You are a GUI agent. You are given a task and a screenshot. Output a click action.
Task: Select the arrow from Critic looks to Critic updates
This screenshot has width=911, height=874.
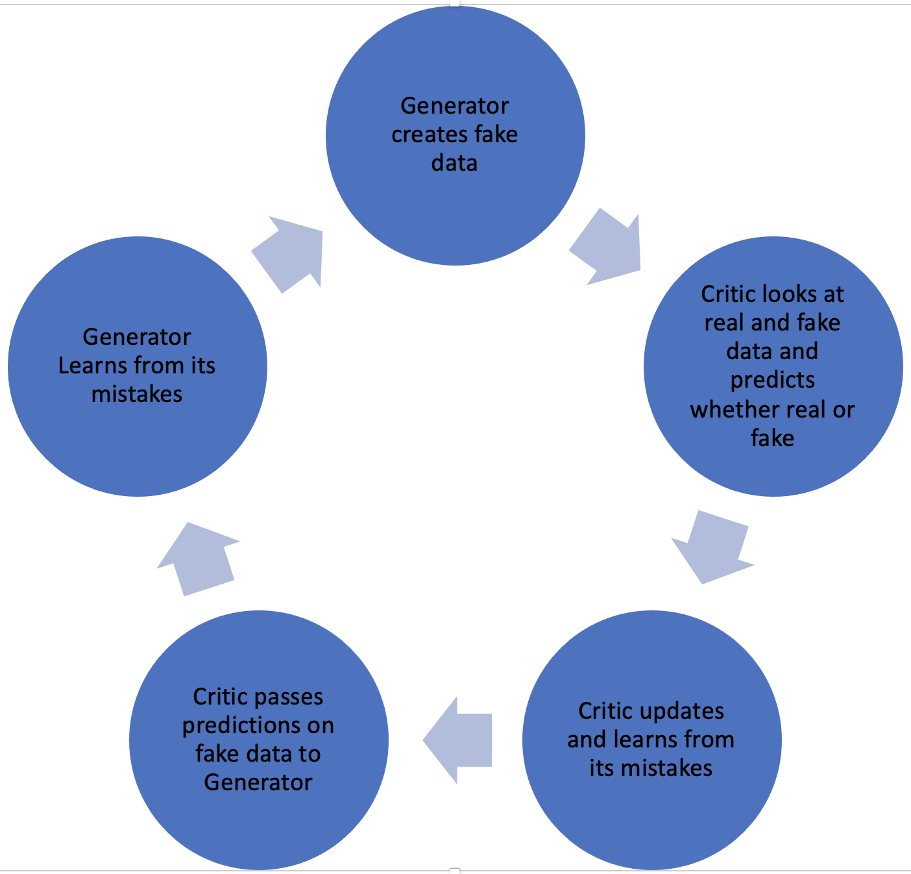pyautogui.click(x=712, y=545)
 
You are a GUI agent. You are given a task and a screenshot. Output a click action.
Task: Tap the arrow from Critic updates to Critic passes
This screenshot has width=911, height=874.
pyautogui.click(x=457, y=740)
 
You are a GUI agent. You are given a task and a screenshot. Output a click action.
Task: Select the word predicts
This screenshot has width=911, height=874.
pyautogui.click(x=772, y=381)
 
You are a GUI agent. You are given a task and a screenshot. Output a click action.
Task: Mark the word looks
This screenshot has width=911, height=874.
pyautogui.click(x=790, y=294)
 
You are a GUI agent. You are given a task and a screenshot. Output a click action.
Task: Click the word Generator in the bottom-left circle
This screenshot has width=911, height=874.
pyautogui.click(x=258, y=782)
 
